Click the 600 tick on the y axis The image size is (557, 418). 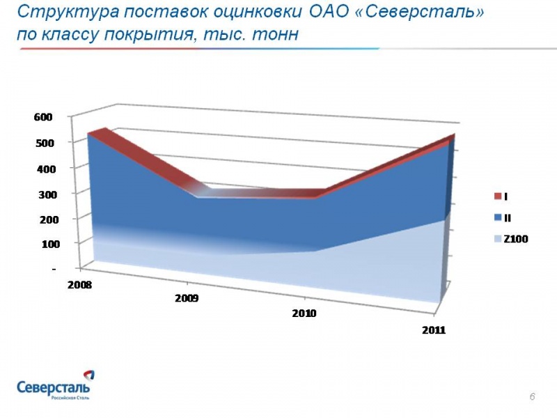(43, 117)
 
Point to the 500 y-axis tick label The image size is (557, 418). (43, 143)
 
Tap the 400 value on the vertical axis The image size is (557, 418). (43, 169)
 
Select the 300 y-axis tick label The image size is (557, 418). (43, 194)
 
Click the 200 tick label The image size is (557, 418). (43, 219)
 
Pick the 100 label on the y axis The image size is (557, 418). (43, 245)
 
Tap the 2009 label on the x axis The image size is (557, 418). (187, 298)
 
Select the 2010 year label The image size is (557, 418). (304, 313)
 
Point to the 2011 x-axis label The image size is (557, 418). (434, 330)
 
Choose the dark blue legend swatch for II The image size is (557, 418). (497, 218)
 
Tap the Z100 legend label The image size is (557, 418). (516, 239)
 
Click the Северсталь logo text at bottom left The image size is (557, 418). (53, 387)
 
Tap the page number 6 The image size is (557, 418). (532, 396)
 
